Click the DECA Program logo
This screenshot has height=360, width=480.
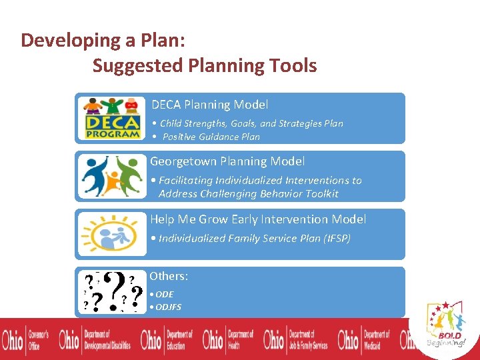[111, 118]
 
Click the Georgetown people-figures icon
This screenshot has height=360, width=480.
[111, 176]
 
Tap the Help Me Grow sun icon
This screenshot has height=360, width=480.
[111, 234]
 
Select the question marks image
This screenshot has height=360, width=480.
[111, 292]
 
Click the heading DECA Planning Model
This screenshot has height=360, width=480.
[209, 105]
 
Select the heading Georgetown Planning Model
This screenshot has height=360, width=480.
[227, 161]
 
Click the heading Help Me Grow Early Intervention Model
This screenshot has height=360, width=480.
[258, 219]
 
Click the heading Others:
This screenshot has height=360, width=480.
[169, 276]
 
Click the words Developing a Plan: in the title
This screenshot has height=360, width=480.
[103, 40]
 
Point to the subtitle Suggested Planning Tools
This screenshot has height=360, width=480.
[205, 66]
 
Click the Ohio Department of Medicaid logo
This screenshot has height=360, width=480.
[364, 339]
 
